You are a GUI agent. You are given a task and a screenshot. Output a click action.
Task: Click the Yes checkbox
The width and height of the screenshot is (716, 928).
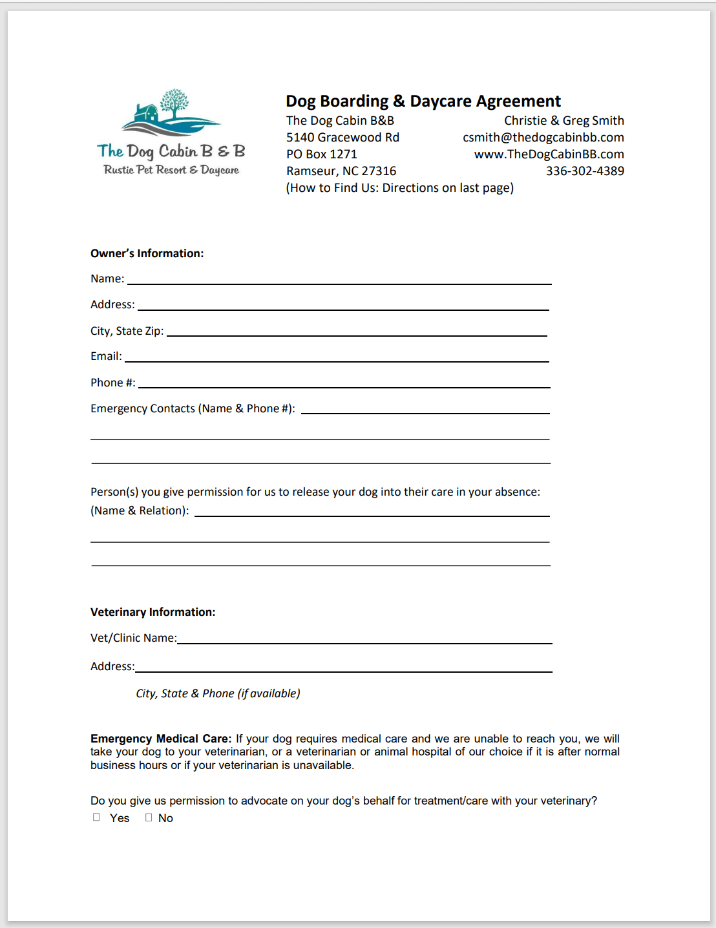[x=96, y=817]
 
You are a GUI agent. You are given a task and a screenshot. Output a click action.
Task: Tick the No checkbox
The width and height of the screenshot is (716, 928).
[x=149, y=817]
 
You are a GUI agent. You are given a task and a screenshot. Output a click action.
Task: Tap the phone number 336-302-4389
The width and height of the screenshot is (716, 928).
[x=585, y=171]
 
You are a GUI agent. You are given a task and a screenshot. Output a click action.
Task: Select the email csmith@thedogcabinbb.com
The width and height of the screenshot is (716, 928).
[x=543, y=138]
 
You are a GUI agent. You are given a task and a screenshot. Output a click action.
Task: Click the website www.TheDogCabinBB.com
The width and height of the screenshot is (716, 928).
[x=549, y=154]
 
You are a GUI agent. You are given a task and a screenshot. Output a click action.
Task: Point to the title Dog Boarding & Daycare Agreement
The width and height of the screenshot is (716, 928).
[x=423, y=101]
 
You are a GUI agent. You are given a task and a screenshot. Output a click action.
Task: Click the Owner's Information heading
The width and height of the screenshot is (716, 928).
[x=147, y=253]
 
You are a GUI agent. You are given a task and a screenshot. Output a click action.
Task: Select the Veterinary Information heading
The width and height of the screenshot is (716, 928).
[x=153, y=612]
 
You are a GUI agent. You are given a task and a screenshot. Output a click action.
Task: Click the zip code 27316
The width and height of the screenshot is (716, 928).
[x=379, y=171]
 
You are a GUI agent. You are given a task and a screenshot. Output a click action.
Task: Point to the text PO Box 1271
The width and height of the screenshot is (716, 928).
[x=322, y=154]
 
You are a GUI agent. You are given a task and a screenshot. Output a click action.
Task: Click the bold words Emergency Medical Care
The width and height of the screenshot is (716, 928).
[x=160, y=739]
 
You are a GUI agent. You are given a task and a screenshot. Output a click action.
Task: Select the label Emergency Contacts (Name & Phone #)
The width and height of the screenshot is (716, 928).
[x=193, y=408]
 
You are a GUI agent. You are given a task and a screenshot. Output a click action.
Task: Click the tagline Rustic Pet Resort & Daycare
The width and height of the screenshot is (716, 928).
[x=171, y=170]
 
